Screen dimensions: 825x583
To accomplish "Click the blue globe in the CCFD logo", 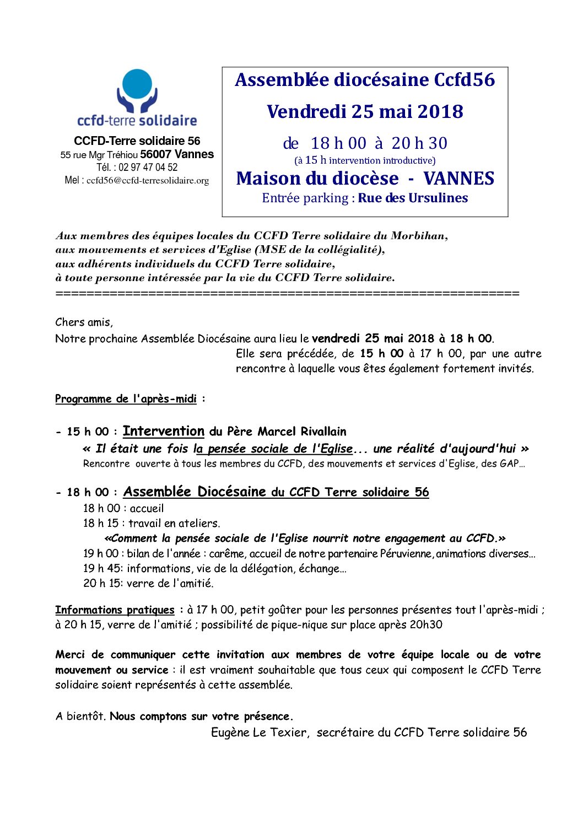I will pos(137,84).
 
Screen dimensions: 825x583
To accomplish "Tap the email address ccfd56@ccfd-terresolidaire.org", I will pos(148,181).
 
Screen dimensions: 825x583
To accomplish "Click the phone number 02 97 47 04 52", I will pos(148,168).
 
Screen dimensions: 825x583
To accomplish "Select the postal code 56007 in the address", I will pos(155,155).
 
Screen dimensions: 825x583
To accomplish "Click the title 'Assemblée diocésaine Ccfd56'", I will pos(365,80).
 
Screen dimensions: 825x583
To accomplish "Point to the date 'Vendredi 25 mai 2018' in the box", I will pos(365,112).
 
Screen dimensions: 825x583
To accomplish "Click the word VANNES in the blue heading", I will pos(458,179).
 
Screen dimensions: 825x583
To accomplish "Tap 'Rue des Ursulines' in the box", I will pos(413,198).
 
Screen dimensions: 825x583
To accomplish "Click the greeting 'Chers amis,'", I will pos(84,322).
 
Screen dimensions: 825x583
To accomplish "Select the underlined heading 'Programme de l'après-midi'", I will pos(126,399).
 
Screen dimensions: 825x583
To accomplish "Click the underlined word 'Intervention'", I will pos(163,432).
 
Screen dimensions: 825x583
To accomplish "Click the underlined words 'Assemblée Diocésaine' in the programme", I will pos(195,492).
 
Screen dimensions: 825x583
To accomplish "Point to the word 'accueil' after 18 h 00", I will pos(147,509).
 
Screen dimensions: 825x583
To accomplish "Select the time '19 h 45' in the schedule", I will pos(100,569).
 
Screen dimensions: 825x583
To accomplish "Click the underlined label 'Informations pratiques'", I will pos(115,610).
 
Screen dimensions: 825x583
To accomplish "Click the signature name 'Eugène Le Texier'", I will pos(259,732).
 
